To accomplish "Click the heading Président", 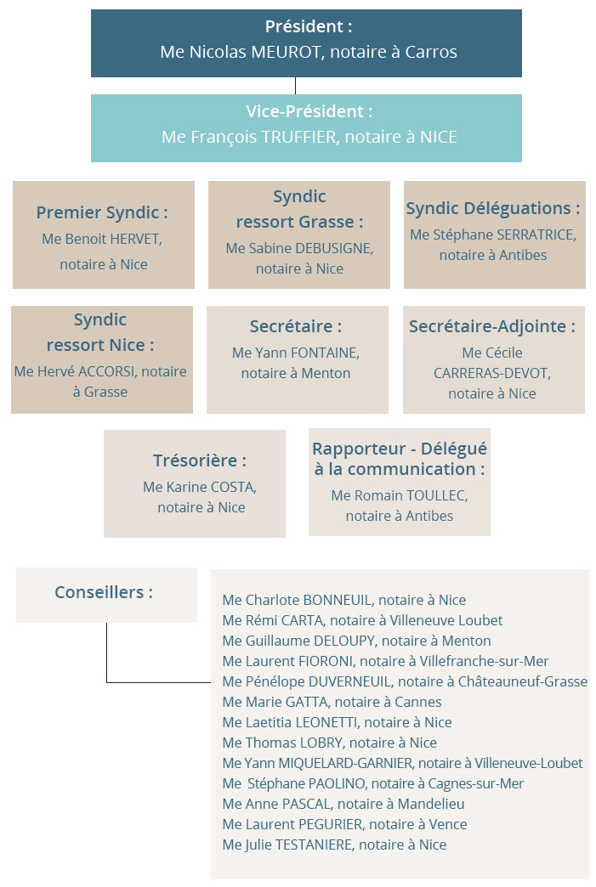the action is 309,26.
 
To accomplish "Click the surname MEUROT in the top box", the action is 286,52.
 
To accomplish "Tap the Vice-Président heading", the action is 309,111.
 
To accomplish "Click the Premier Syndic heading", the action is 102,212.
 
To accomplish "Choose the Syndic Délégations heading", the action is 493,209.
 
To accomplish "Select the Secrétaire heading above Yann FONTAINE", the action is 296,326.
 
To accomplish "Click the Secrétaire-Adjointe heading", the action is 492,326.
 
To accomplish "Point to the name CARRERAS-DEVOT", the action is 492,373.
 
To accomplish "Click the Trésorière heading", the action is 200,460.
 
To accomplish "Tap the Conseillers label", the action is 104,592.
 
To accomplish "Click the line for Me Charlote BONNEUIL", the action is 344,600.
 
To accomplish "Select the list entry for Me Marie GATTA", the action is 332,702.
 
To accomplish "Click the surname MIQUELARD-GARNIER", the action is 345,763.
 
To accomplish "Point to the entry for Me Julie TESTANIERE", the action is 334,845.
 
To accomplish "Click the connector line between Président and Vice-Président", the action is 296,86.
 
